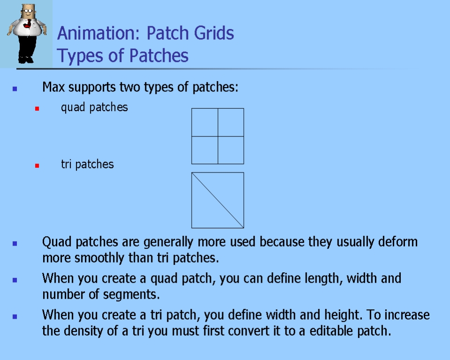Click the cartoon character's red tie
click(28, 24)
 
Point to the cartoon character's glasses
click(28, 11)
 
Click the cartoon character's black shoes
click(26, 60)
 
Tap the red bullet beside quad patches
click(37, 109)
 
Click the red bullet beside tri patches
click(37, 165)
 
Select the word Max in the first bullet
click(53, 87)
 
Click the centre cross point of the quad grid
click(218, 136)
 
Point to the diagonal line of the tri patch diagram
click(218, 200)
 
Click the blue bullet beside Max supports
click(15, 89)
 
